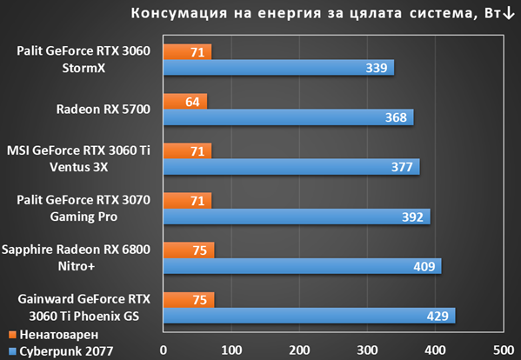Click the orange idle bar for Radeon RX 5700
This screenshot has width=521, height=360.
(x=185, y=101)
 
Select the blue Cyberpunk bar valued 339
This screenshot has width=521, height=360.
(x=279, y=68)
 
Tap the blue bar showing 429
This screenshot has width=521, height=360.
(x=310, y=316)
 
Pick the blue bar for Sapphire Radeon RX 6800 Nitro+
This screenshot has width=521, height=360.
(x=303, y=266)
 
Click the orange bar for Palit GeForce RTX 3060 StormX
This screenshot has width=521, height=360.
(x=187, y=52)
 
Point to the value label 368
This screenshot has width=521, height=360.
(x=396, y=117)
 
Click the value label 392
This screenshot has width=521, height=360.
(x=412, y=217)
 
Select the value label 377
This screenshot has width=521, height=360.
(x=402, y=167)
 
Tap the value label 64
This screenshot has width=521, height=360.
(x=192, y=102)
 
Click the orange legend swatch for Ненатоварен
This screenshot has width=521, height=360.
(x=12, y=335)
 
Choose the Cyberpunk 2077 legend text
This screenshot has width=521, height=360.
(x=66, y=351)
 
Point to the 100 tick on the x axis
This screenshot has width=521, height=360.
(x=231, y=350)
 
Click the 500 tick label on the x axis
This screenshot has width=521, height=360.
(x=504, y=350)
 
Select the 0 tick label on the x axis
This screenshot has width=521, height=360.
(x=164, y=350)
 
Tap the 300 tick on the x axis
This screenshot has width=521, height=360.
(x=368, y=350)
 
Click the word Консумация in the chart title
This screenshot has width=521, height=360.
(x=179, y=13)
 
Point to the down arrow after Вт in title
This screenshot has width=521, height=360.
(x=509, y=13)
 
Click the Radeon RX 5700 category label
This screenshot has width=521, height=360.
(x=103, y=110)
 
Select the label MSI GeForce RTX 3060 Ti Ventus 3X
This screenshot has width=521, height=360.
(x=79, y=159)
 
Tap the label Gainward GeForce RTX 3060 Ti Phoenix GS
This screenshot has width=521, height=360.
(x=84, y=308)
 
